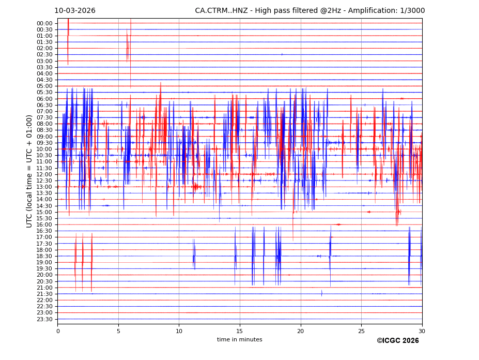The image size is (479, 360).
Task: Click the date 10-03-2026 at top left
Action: tap(75, 11)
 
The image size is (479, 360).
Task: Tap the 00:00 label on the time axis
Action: tap(44, 23)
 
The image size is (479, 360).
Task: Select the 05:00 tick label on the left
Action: tap(44, 86)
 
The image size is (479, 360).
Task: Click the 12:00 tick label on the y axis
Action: tap(44, 174)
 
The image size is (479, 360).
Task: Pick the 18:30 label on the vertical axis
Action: tap(44, 256)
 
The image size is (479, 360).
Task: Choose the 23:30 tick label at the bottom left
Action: tap(44, 319)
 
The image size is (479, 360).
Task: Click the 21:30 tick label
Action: tap(44, 294)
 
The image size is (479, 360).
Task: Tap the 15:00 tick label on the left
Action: tap(44, 212)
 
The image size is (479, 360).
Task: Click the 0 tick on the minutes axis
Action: tap(58, 331)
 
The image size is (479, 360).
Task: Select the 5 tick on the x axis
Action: tap(118, 331)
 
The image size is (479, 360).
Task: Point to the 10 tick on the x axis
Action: tap(179, 331)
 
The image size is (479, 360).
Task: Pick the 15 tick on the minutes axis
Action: tap(240, 331)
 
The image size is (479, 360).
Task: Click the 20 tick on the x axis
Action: tap(301, 331)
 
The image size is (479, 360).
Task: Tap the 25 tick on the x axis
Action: tap(361, 331)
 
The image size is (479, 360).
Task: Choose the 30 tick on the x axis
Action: tap(422, 331)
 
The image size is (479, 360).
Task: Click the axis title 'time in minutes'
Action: tap(239, 340)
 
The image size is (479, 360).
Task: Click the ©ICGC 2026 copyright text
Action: tap(397, 341)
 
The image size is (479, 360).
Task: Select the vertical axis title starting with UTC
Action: tap(30, 171)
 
